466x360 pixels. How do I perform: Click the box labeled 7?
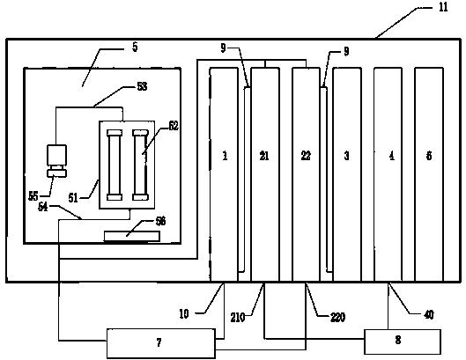(x=161, y=343)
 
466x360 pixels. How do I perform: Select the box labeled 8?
(x=403, y=342)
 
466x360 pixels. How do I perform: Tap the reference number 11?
(x=443, y=7)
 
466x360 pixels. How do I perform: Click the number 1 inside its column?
(x=225, y=156)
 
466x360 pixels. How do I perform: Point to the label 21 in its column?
(x=264, y=156)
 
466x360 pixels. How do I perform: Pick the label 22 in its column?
(x=306, y=156)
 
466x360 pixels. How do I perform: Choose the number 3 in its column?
(x=346, y=156)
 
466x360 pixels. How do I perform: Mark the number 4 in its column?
(x=392, y=156)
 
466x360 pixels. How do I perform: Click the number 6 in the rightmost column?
(x=429, y=156)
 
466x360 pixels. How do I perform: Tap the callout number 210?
(x=238, y=318)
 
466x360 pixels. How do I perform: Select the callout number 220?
(x=338, y=317)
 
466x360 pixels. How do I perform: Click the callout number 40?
(x=428, y=314)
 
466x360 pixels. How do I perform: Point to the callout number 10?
(x=184, y=313)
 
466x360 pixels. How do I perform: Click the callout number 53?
(x=142, y=86)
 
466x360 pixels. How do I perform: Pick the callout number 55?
(x=33, y=196)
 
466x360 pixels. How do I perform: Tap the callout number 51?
(x=73, y=197)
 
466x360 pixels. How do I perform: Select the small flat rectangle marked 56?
(x=132, y=237)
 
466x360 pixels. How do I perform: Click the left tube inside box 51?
(x=115, y=165)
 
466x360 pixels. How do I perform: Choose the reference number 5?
(x=135, y=48)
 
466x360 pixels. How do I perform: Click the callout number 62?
(x=174, y=126)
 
